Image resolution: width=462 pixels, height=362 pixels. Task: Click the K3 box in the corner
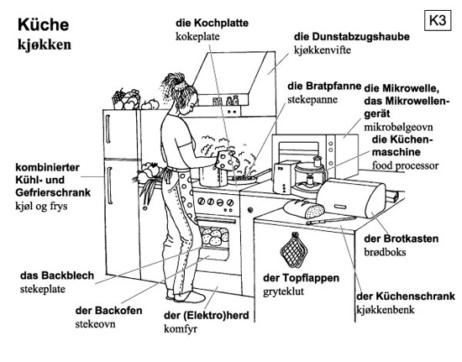coord(438,20)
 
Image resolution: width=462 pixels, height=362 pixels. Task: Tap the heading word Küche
coord(44,24)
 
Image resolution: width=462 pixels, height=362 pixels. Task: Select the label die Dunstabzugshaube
coord(351,37)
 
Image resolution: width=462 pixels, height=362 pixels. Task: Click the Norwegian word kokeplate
coord(197,36)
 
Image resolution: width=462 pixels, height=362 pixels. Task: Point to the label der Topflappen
coord(301,278)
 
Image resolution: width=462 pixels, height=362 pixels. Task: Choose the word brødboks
coord(385,253)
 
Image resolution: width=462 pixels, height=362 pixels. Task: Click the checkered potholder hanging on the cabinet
coord(293,250)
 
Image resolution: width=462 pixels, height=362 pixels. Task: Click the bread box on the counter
coord(351,198)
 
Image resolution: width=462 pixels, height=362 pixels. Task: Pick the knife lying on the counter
coord(331,220)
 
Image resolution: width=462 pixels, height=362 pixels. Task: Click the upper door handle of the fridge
coord(108,129)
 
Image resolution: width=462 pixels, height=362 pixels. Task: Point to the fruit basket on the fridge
coord(126,99)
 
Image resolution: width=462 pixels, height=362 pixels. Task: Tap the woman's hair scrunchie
coord(180,86)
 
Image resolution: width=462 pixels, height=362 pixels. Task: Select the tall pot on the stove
coord(213,176)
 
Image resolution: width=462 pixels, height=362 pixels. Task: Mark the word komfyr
coord(181,328)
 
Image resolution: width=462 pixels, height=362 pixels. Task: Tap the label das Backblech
coord(57,275)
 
